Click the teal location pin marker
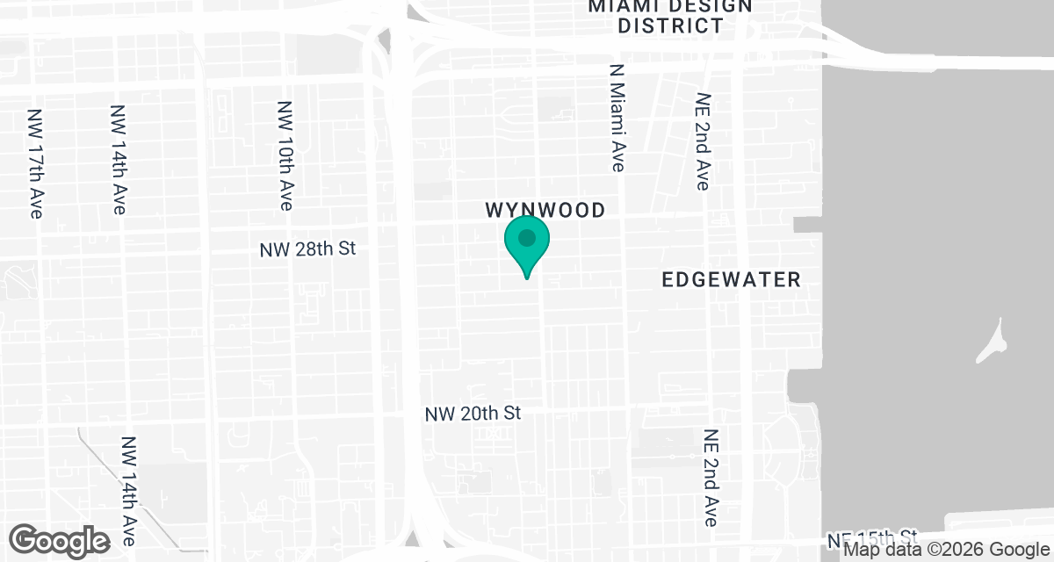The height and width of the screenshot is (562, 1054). [x=527, y=246]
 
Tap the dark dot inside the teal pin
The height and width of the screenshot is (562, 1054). [x=527, y=238]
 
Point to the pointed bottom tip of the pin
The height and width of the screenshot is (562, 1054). [x=527, y=277]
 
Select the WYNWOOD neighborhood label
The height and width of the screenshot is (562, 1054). [x=545, y=211]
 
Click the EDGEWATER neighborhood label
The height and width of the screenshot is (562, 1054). [x=731, y=280]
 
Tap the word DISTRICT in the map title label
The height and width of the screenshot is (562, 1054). [x=670, y=25]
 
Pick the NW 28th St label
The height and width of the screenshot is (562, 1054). [x=307, y=249]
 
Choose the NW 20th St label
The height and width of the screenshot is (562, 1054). [x=473, y=413]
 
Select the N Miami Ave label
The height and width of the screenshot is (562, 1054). [x=617, y=116]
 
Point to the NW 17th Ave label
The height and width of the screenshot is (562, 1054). [x=35, y=163]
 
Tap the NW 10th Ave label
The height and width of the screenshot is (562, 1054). [x=285, y=155]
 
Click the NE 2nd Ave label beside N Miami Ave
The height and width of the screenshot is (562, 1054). [x=702, y=142]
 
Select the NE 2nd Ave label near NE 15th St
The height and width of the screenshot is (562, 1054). [x=711, y=478]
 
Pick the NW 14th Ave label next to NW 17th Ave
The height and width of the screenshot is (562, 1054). [x=119, y=160]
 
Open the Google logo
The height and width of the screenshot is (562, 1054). [x=60, y=540]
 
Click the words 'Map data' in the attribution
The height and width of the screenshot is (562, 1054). [x=881, y=551]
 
